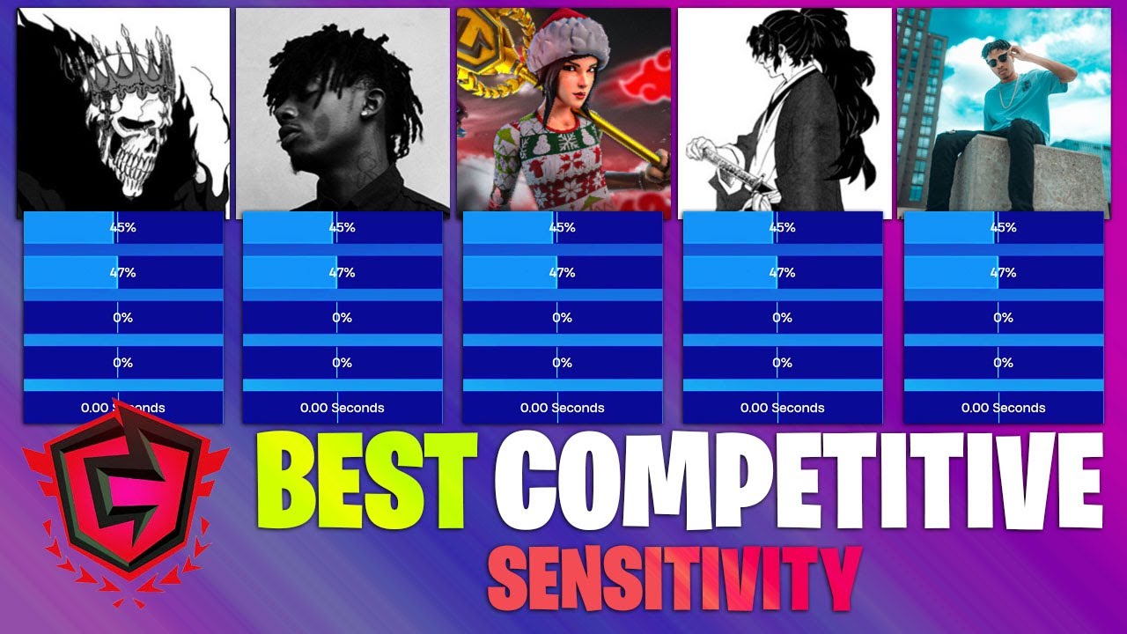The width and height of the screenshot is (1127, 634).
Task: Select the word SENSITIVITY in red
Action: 674,577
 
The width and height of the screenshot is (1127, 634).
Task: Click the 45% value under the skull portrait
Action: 122,227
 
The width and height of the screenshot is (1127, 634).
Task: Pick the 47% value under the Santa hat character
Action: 562,273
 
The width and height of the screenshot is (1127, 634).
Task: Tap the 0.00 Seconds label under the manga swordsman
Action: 782,408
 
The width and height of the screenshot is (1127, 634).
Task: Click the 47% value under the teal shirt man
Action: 1003,273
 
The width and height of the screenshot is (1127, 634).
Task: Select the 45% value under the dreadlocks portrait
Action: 342,227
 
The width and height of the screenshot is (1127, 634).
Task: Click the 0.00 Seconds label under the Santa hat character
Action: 562,408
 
